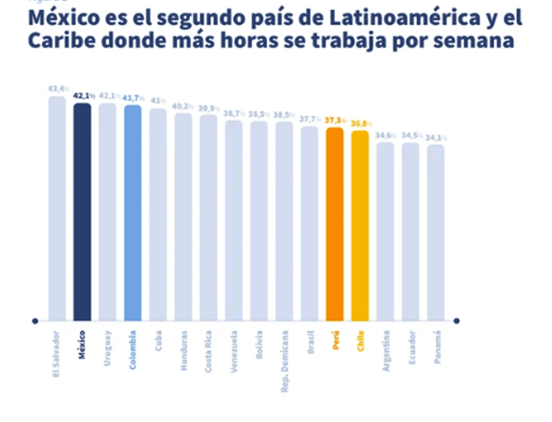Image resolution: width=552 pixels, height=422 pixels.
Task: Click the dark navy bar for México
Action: click(x=82, y=211)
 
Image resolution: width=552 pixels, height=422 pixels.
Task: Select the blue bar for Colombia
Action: click(x=133, y=213)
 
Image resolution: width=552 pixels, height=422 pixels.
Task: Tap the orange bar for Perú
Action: click(x=335, y=224)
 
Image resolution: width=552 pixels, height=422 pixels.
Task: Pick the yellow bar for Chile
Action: click(x=360, y=226)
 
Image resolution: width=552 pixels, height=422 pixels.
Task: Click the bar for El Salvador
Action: click(x=57, y=208)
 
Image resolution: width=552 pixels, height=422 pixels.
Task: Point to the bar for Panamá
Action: click(x=436, y=233)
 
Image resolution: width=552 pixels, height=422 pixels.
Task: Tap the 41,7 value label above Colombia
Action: click(x=134, y=98)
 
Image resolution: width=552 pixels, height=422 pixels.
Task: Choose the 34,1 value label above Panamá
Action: click(x=436, y=137)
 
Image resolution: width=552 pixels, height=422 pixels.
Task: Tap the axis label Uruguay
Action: click(x=108, y=347)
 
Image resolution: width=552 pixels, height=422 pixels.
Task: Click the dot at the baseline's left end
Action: click(x=35, y=321)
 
